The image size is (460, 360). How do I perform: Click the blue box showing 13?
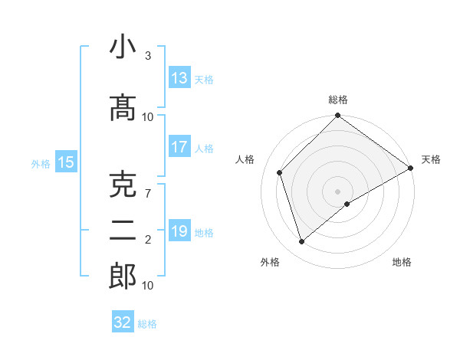(x=179, y=78)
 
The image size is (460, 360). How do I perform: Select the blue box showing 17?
(x=179, y=147)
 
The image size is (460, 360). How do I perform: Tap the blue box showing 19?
(x=179, y=231)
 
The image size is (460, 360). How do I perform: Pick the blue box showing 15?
(x=66, y=162)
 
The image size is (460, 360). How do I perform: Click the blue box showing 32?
(x=123, y=322)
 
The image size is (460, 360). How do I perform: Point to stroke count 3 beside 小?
(x=148, y=57)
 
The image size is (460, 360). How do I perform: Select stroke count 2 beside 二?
(x=148, y=240)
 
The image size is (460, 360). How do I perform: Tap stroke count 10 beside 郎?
(x=148, y=286)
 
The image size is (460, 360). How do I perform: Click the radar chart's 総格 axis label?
(x=338, y=100)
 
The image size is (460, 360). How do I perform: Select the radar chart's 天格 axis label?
(x=431, y=159)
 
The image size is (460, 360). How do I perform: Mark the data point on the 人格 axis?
(x=280, y=172)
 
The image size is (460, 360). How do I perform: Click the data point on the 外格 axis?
(x=302, y=242)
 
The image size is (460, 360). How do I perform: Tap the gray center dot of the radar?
(x=338, y=191)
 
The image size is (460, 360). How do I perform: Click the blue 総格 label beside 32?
(x=148, y=324)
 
